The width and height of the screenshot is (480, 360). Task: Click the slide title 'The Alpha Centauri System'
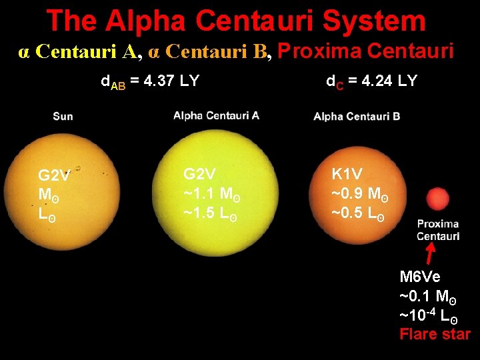coord(236,21)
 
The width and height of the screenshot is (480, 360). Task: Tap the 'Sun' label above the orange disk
coord(63,117)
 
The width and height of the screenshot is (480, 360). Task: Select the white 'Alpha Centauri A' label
coord(216,115)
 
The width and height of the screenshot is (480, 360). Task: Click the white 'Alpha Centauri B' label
coord(357,116)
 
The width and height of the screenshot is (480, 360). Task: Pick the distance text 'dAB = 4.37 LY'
coord(149,82)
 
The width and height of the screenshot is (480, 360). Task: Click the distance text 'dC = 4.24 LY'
coord(371,81)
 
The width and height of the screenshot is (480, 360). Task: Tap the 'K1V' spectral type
coord(347,175)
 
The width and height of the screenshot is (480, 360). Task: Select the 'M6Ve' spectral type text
coord(420,277)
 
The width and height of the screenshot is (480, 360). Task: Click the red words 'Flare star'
coord(435,334)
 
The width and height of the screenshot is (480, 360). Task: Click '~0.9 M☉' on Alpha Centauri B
coord(360,195)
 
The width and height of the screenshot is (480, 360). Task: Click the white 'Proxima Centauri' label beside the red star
coord(438,230)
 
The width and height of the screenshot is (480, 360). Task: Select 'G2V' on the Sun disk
coord(54,176)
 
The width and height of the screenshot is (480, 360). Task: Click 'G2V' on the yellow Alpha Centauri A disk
coord(199,175)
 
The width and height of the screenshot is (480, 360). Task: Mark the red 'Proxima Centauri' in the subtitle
coord(365,51)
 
